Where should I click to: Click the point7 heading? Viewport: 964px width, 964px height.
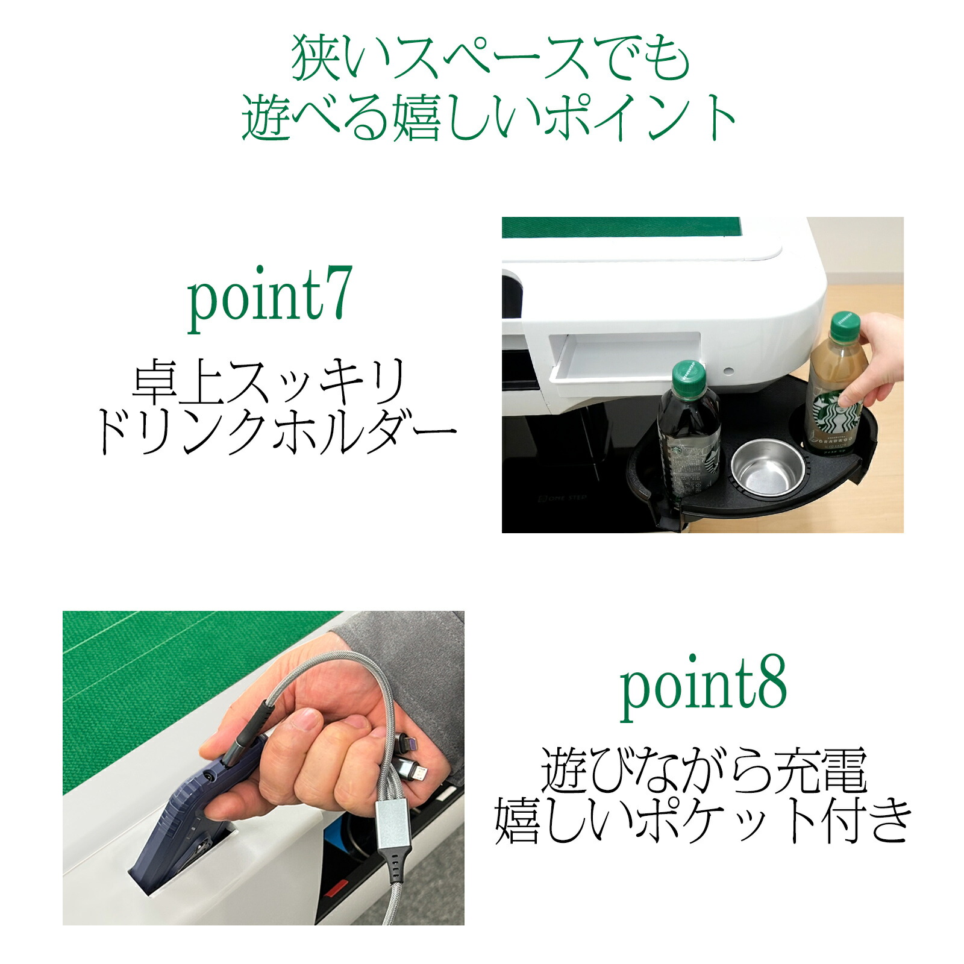[269, 297]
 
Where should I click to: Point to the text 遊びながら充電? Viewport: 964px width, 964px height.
[703, 770]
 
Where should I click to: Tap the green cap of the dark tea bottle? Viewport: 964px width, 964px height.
[689, 378]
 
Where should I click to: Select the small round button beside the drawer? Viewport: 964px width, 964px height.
[728, 371]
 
